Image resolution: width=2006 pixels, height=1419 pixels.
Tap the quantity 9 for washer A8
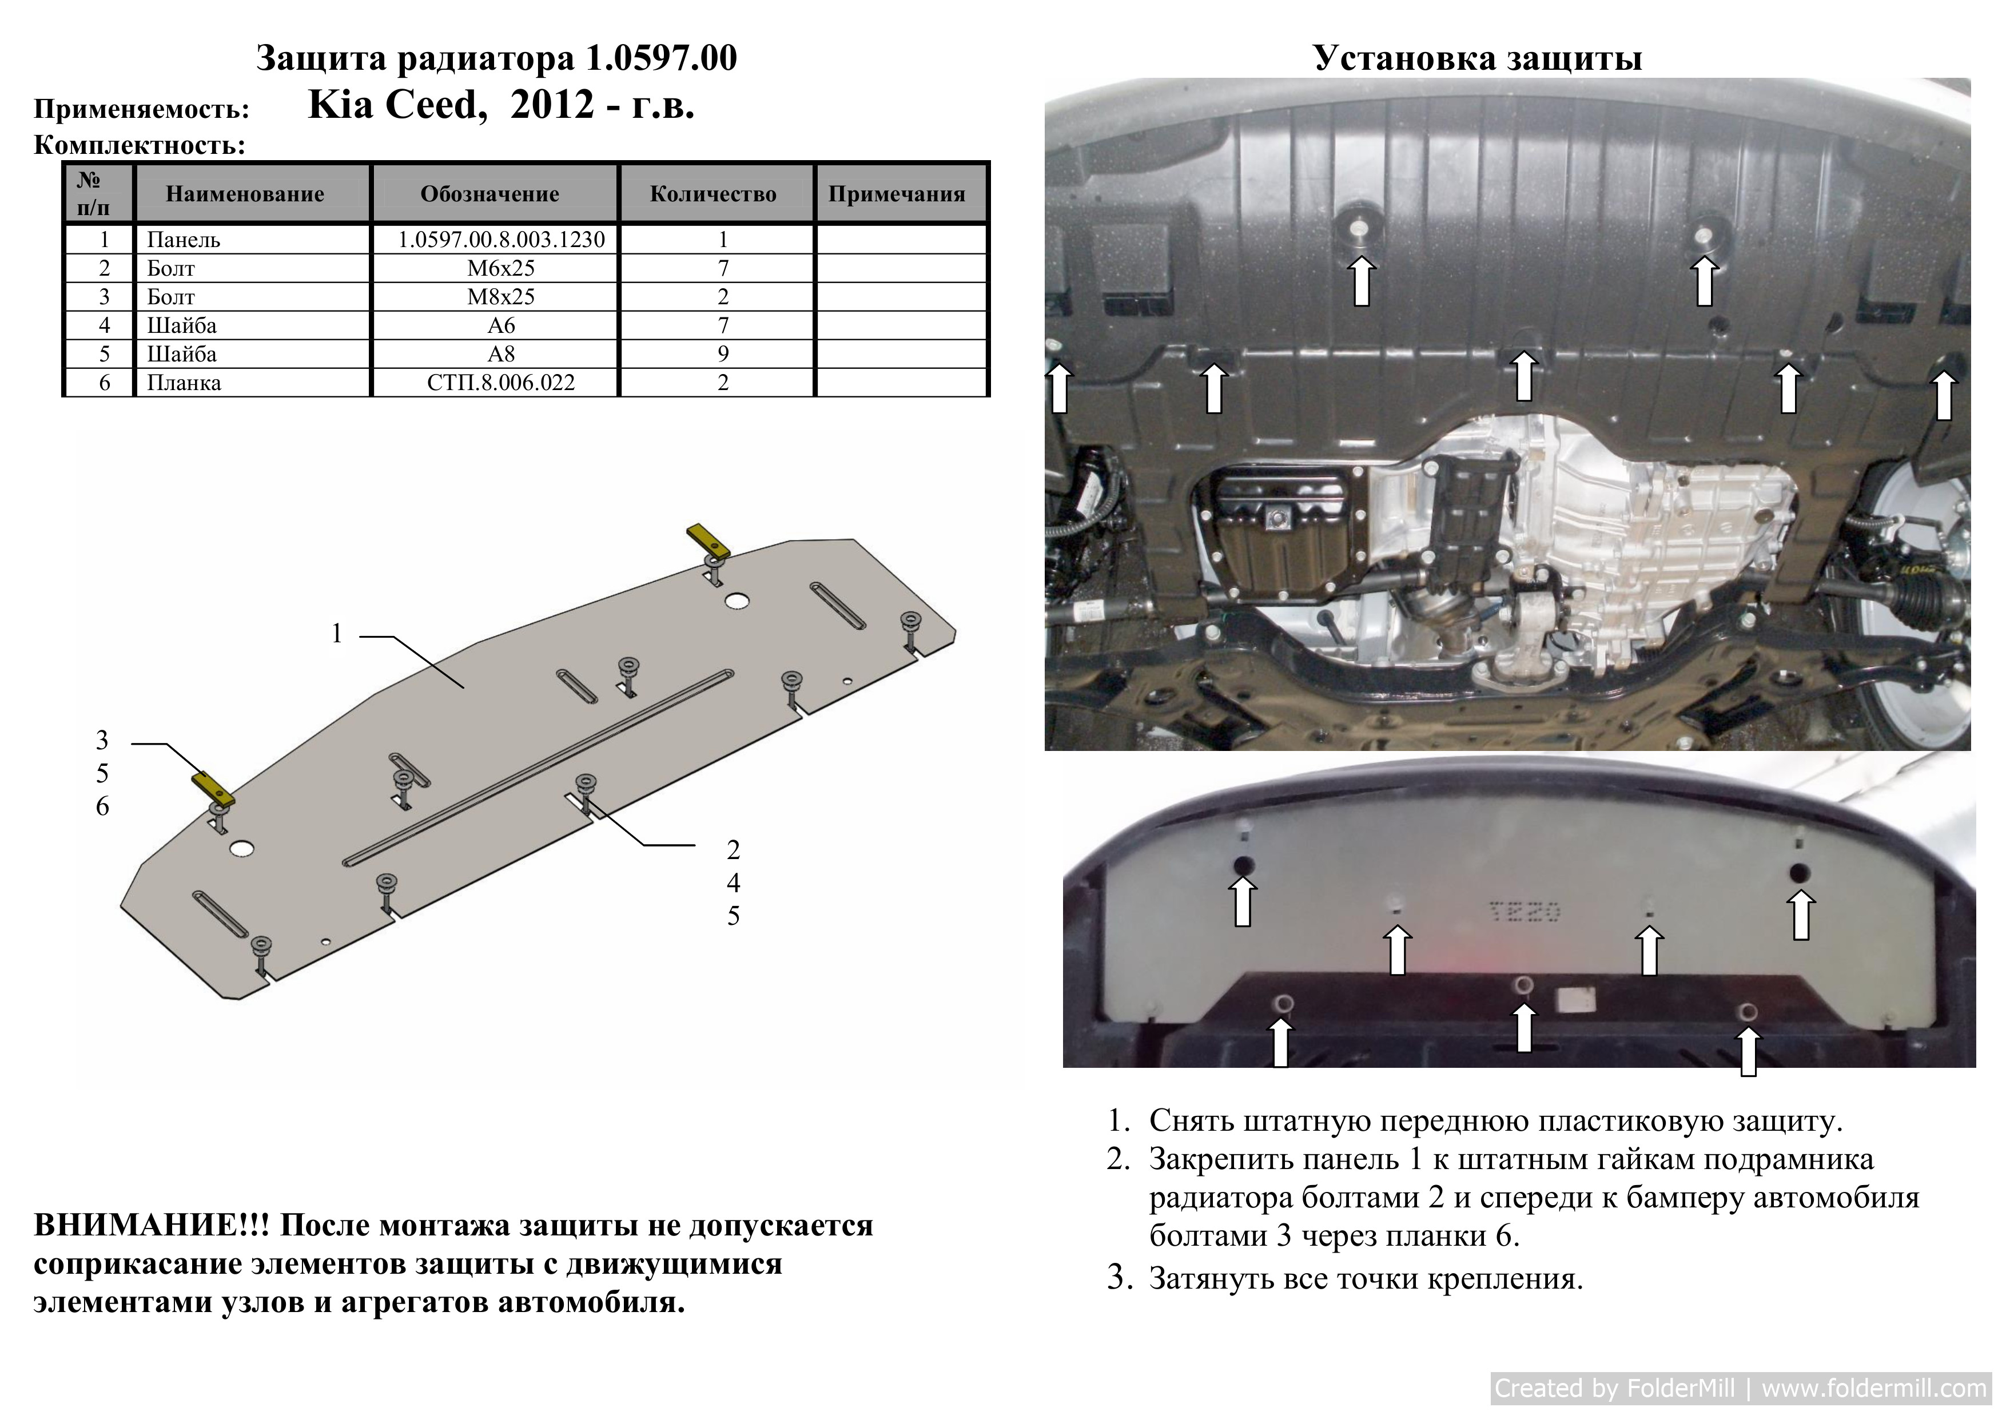tap(723, 354)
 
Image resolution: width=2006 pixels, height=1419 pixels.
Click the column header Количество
tap(713, 194)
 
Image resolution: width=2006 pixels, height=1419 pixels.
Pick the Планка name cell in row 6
tap(184, 383)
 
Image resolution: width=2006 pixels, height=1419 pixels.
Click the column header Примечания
tap(897, 194)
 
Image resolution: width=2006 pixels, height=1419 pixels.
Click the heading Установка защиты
tap(1478, 58)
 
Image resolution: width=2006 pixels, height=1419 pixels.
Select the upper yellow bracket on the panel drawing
tap(709, 541)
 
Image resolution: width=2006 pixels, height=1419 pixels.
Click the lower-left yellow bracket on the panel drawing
tap(213, 789)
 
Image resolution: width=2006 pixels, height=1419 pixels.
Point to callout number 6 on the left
tap(102, 806)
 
